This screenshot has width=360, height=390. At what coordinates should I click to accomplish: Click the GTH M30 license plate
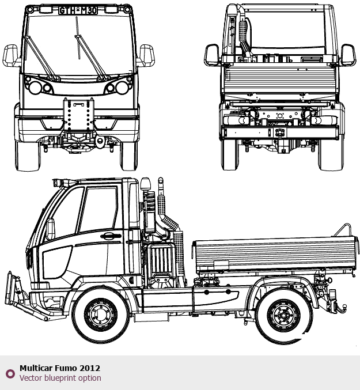(78, 10)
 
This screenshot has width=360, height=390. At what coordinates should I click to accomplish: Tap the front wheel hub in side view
(101, 315)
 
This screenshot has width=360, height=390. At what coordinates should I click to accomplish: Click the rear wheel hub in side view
(283, 315)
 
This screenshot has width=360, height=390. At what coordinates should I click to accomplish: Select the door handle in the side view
(111, 236)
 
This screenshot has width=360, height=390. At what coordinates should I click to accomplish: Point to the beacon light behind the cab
(145, 184)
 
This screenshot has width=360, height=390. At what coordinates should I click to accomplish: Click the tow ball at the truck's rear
(344, 306)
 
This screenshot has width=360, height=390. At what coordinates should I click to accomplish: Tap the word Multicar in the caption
(36, 368)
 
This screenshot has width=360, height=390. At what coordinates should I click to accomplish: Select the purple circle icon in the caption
(10, 374)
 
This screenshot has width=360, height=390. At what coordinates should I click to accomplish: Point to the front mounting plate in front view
(79, 115)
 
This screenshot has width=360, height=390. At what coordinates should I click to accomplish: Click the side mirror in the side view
(51, 229)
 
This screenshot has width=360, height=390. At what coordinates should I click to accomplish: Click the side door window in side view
(98, 210)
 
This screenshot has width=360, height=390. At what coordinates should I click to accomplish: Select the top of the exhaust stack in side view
(161, 180)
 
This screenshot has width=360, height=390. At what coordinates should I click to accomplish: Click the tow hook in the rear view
(280, 132)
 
